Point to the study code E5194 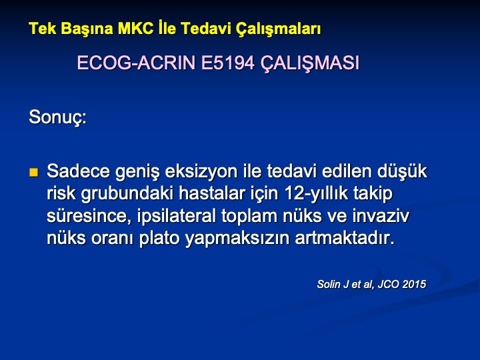coord(227,63)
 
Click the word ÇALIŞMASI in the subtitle coord(310,63)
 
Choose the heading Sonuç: coord(58,117)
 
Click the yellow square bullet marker coord(34,173)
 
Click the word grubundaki coord(127,194)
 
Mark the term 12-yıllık coord(316,194)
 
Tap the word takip coord(373,194)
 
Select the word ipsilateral coord(176,216)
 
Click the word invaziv coord(381,216)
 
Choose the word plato coord(159,239)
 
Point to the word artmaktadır coord(345,239)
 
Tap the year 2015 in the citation coord(414,284)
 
